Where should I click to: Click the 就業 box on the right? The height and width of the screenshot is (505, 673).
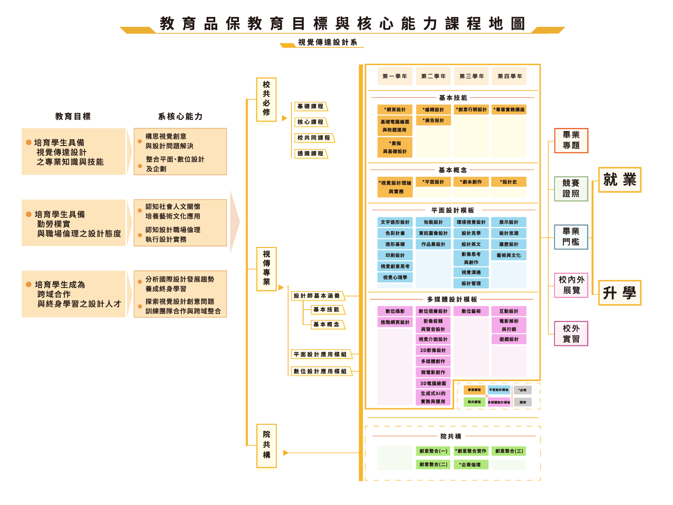(620, 180)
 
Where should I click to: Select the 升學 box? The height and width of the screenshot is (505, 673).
(620, 293)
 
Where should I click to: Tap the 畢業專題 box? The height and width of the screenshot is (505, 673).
(571, 140)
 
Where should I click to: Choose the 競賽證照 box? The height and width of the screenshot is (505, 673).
(571, 189)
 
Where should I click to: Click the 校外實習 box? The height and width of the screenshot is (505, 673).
(571, 334)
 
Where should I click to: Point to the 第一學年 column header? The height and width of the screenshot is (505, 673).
(395, 76)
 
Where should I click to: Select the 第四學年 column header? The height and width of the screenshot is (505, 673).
(509, 76)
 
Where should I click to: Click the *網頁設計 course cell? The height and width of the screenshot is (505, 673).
(395, 110)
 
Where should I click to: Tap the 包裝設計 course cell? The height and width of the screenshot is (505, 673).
(433, 222)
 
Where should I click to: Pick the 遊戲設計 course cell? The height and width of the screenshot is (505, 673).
(509, 339)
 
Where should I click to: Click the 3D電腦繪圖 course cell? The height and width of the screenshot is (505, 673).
(433, 383)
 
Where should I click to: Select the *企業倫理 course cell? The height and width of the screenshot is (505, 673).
(471, 465)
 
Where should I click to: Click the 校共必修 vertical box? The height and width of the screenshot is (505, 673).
(267, 99)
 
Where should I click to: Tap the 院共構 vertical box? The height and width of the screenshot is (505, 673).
(267, 445)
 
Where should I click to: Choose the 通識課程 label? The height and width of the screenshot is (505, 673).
(310, 153)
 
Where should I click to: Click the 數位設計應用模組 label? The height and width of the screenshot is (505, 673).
(320, 371)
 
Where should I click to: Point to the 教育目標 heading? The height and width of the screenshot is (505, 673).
(73, 116)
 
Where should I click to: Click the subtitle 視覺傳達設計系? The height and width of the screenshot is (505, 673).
(327, 42)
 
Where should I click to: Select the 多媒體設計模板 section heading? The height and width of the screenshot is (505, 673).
(452, 299)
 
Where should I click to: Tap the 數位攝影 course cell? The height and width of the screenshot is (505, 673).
(395, 311)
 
